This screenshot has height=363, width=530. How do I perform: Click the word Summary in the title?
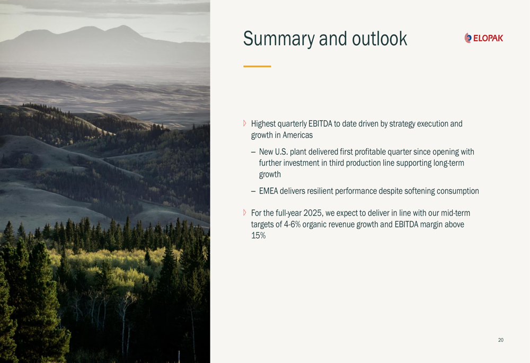[x=279, y=39]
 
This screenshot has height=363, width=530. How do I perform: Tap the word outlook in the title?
[x=379, y=38]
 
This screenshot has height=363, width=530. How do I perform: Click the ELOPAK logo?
[x=484, y=38]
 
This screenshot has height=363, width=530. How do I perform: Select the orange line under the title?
[x=257, y=66]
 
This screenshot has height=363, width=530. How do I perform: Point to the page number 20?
[x=501, y=340]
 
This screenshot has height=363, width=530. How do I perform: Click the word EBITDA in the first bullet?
[x=320, y=123]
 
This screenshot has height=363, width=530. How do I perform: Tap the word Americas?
[x=297, y=135]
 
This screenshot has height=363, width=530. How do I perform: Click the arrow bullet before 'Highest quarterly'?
[x=245, y=123]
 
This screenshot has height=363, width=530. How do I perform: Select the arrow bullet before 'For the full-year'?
[x=245, y=213]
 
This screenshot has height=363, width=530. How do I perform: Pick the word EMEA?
[x=268, y=191]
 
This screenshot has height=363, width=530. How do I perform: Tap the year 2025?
[x=313, y=213]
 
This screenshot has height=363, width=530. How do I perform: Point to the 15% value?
[x=258, y=236]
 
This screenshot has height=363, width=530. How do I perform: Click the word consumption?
[x=458, y=191]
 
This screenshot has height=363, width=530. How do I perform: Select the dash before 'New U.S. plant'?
[x=253, y=153]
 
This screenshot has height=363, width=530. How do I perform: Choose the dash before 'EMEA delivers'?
[x=253, y=192]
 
